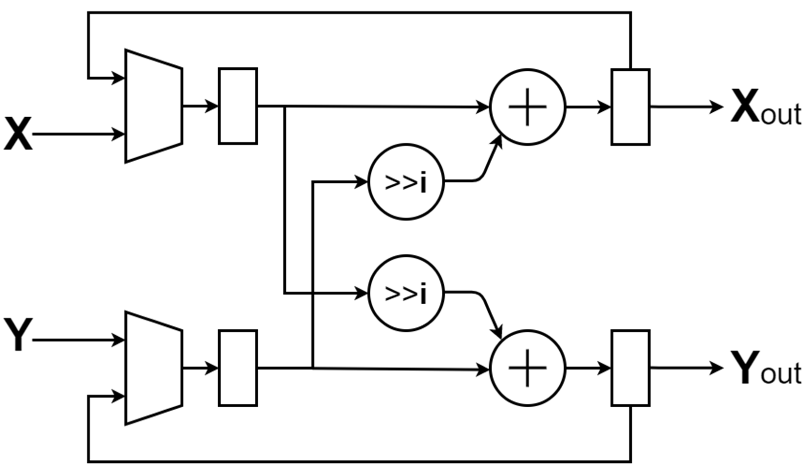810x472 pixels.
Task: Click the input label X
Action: click(x=18, y=133)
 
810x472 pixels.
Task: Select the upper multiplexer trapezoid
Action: click(x=154, y=106)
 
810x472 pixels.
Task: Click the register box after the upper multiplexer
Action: click(x=238, y=106)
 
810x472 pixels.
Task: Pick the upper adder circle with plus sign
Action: click(x=527, y=107)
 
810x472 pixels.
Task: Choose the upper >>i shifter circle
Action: click(x=406, y=182)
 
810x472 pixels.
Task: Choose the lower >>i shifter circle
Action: click(x=406, y=293)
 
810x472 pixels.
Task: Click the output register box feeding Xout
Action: click(x=630, y=107)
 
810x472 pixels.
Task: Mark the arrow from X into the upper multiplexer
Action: click(x=77, y=134)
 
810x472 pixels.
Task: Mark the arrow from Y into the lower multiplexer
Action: click(x=77, y=340)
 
